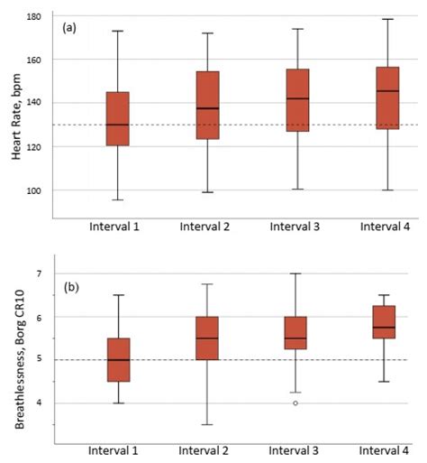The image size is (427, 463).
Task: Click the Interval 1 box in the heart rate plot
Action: (117, 118)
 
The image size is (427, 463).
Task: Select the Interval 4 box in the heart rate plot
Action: (387, 110)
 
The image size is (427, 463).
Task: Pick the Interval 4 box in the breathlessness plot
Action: (387, 321)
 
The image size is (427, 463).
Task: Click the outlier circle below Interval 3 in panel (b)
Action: (296, 403)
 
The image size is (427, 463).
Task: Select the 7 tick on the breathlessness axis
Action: (41, 273)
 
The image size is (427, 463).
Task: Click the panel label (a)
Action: (69, 29)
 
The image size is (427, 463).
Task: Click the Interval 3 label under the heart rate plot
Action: (296, 226)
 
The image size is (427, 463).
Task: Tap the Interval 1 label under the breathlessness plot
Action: (117, 449)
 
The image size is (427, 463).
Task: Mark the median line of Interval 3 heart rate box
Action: (296, 98)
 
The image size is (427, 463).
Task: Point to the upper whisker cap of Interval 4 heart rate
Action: (387, 19)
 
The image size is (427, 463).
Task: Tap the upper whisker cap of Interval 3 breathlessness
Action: (296, 273)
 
